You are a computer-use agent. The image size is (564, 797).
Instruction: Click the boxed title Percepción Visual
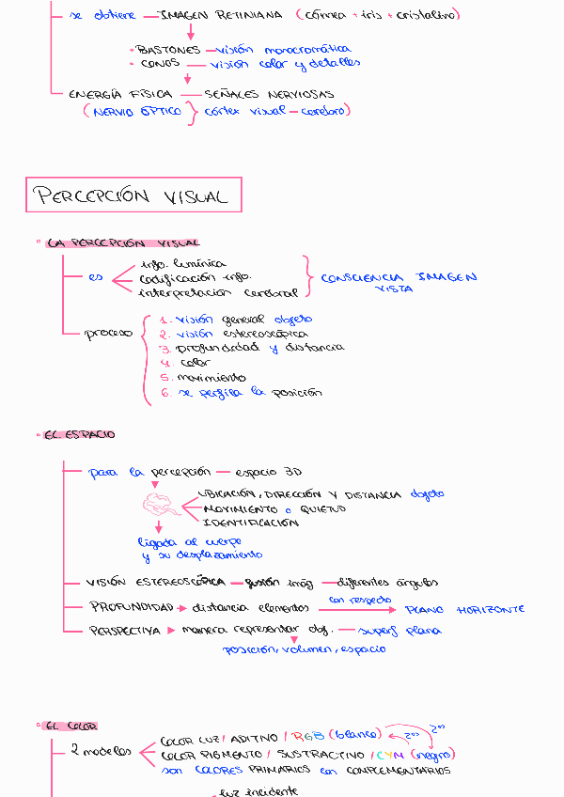132,195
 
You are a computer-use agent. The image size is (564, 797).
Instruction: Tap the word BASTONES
168,50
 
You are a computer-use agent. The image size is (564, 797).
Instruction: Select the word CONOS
160,64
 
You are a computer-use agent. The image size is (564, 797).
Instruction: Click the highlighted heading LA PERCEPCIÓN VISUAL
121,242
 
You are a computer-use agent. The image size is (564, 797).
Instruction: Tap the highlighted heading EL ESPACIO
79,434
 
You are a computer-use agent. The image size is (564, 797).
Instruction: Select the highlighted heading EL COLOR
70,726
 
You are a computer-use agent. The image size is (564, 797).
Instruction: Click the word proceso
108,334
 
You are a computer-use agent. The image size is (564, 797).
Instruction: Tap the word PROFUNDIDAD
132,606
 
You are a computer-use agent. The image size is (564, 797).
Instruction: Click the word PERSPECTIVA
125,631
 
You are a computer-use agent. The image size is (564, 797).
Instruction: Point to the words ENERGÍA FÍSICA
120,94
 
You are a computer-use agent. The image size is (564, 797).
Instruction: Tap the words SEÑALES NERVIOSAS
269,94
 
